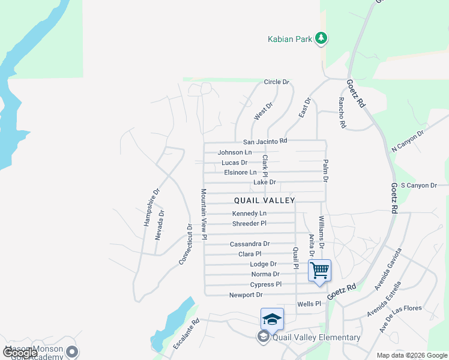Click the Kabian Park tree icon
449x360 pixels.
click(x=322, y=39)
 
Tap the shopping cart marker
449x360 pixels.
click(x=319, y=270)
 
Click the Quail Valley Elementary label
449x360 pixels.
click(x=316, y=337)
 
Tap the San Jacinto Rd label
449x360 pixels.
click(x=265, y=142)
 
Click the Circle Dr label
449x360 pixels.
click(x=277, y=82)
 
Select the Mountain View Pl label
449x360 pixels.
click(x=204, y=214)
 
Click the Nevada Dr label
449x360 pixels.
click(x=160, y=225)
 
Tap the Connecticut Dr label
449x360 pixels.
click(x=186, y=245)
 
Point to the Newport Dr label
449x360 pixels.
click(x=246, y=295)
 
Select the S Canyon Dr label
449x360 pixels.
click(x=418, y=185)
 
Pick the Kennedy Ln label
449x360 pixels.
click(x=249, y=214)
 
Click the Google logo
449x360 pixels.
click(x=20, y=353)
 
